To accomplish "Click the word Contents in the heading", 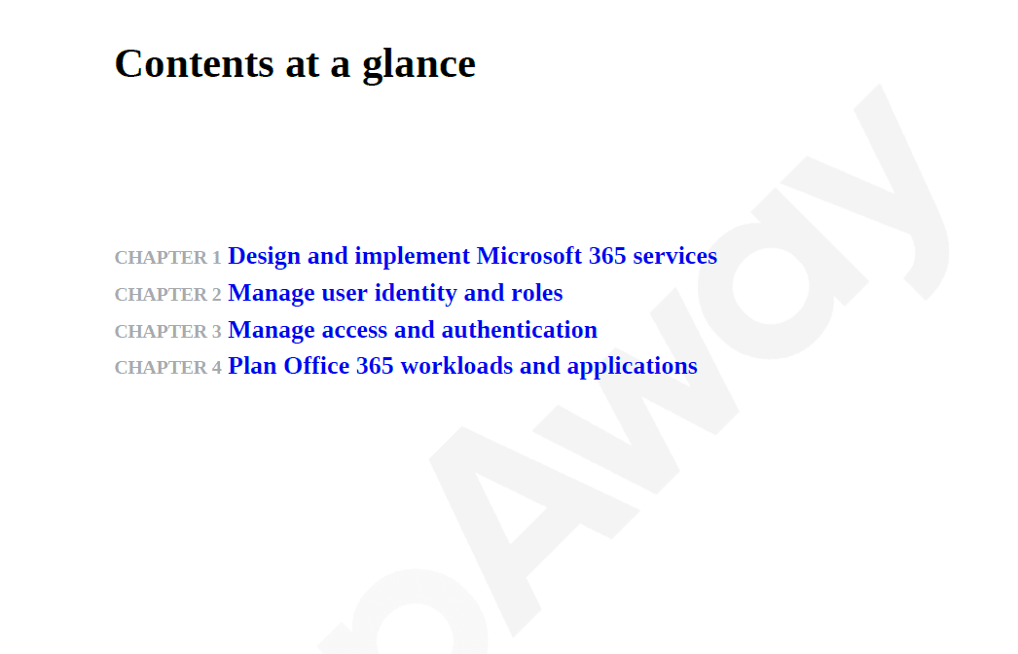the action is (x=194, y=63).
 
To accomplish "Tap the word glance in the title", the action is (x=418, y=66).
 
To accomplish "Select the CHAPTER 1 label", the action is (x=168, y=258).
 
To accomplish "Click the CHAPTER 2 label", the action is (x=168, y=295).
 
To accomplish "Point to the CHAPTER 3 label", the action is (x=168, y=332).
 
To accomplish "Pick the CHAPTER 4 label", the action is (x=168, y=368).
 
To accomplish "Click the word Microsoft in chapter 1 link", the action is (x=528, y=256).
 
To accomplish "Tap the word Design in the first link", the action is (x=265, y=257).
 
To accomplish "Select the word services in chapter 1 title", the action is (x=675, y=257).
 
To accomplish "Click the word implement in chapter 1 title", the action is (x=413, y=257).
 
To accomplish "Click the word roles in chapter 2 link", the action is (x=537, y=293).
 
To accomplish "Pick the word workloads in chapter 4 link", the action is (x=456, y=366).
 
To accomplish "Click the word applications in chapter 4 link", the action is (x=633, y=367).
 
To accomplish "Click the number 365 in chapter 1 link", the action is (x=607, y=256).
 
